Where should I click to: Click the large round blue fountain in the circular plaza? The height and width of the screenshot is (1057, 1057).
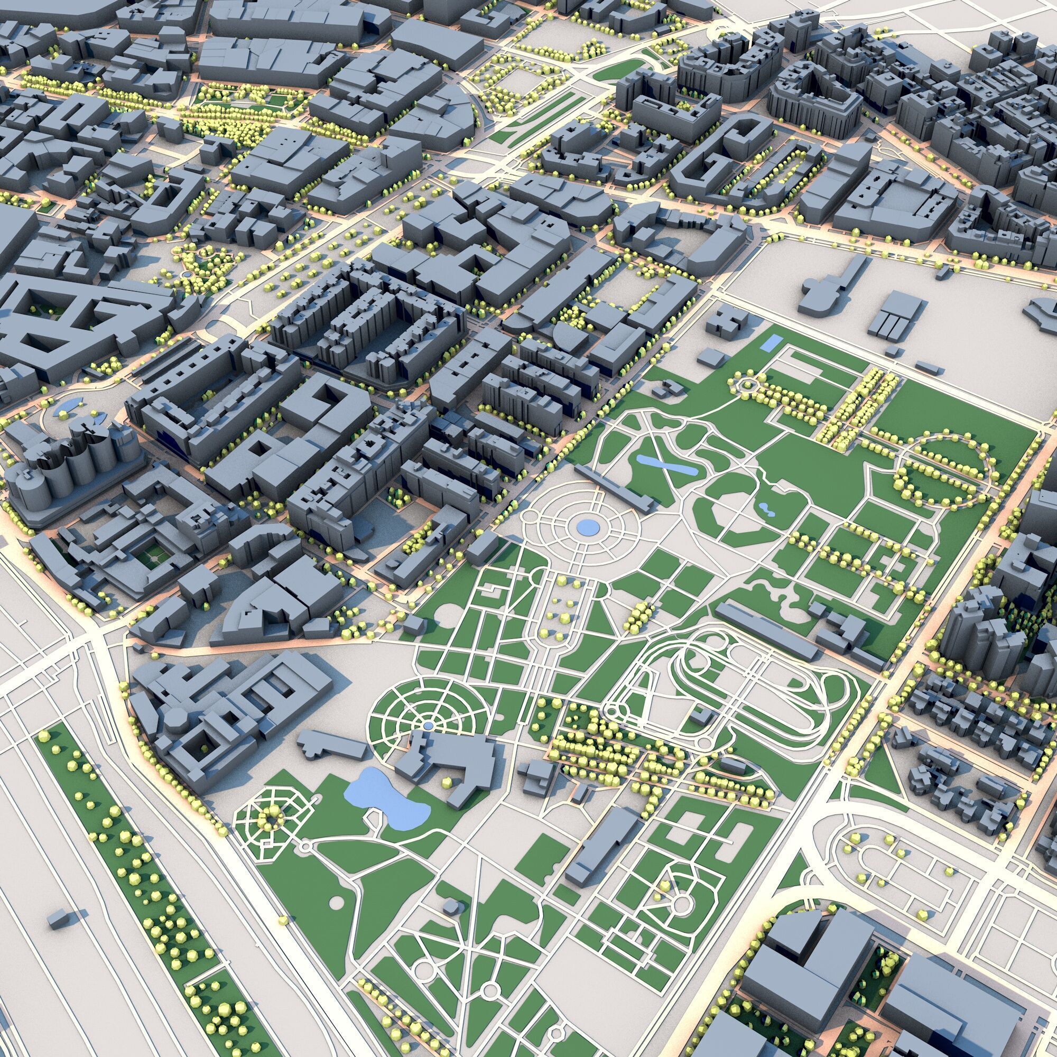click(588, 527)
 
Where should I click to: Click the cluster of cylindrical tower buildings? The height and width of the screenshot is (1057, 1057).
click(71, 470)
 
